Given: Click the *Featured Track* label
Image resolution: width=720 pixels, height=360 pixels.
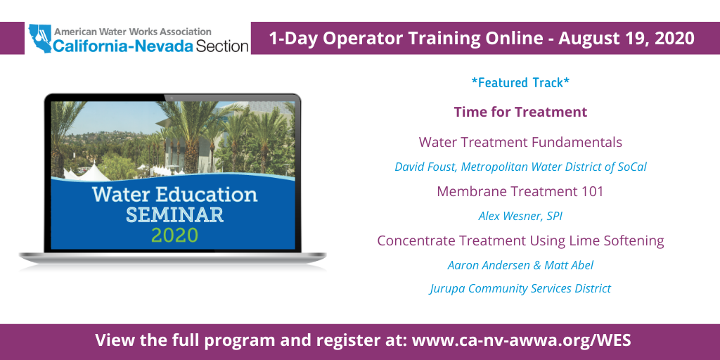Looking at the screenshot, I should click(520, 83).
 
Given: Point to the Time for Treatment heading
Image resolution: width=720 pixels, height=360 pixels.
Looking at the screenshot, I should click(520, 112).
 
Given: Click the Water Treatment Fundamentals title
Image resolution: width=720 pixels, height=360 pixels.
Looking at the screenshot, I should click(520, 142).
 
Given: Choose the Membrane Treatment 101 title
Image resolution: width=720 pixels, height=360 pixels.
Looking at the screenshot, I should click(520, 191).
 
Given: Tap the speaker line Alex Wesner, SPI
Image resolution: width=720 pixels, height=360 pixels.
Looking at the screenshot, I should click(520, 217).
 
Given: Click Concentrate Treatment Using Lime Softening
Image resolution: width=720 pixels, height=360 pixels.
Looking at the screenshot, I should click(520, 240).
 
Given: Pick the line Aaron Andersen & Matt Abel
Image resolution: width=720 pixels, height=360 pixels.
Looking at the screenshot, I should click(520, 266).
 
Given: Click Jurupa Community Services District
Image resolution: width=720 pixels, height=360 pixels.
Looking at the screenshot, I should click(520, 288).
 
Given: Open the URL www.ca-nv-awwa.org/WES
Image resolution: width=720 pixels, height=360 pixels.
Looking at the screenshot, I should click(521, 341).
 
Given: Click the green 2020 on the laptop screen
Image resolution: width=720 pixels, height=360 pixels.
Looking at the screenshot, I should click(174, 235).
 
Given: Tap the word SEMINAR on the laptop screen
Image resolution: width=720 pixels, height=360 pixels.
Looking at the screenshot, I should click(174, 214).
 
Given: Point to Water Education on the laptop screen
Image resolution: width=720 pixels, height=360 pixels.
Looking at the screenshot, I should click(174, 194).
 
